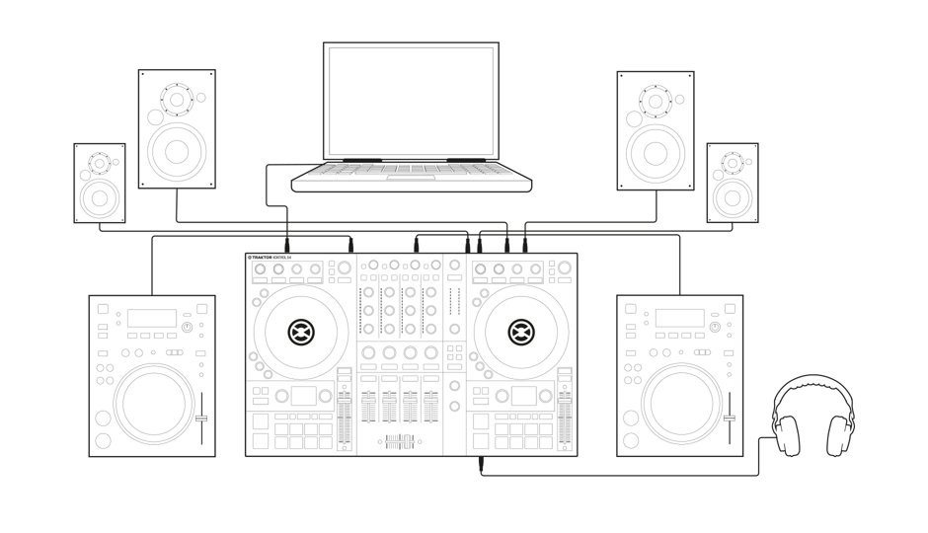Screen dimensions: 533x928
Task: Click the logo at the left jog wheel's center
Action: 298,331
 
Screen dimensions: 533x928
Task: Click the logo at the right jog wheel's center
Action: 520,331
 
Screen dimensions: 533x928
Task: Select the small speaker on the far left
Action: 100,183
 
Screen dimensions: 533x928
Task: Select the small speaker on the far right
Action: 732,183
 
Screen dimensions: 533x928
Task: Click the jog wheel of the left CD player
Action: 152,405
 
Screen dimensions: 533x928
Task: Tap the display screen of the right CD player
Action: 672,318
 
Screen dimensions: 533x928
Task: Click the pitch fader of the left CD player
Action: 201,419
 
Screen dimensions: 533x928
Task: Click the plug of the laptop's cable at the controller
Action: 286,243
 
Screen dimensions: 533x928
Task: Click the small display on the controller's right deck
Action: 523,396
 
